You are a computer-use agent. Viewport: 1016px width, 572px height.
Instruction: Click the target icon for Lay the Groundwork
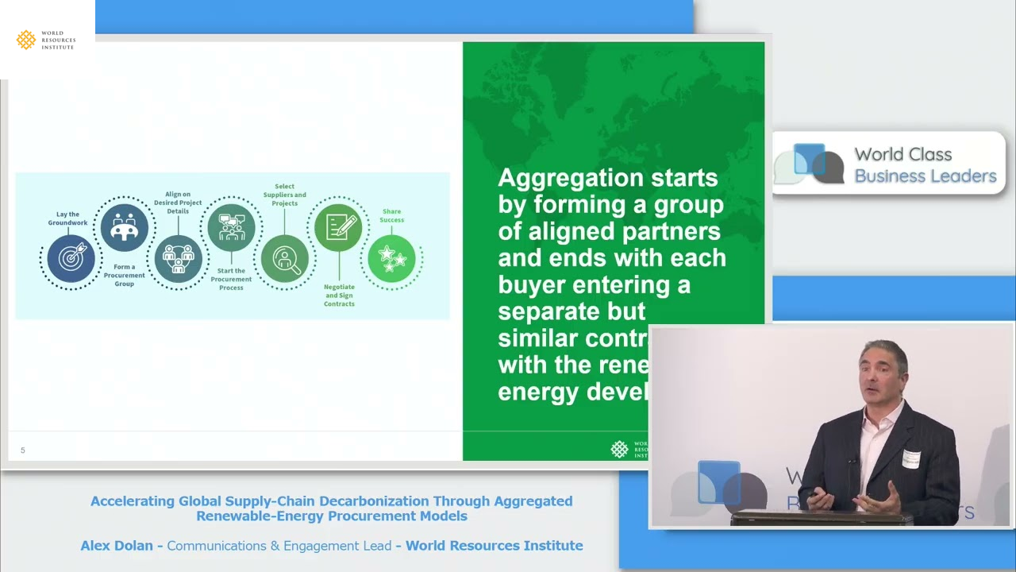[x=71, y=258]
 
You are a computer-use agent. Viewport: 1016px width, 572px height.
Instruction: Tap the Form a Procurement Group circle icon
[x=124, y=227]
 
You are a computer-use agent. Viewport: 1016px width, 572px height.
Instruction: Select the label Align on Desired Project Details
[x=178, y=203]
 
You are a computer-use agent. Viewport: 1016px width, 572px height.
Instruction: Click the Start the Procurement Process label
[x=231, y=279]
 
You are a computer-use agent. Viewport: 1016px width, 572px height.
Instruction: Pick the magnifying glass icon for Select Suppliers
[x=284, y=258]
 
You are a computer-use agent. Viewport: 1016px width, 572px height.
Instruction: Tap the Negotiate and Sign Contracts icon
[x=338, y=227]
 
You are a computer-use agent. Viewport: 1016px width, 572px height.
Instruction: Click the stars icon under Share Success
[x=391, y=258]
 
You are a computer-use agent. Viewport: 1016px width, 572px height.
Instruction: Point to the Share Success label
[x=391, y=215]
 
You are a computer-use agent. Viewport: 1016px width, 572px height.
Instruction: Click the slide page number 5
[x=22, y=450]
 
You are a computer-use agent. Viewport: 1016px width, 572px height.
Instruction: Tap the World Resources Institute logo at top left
[x=46, y=40]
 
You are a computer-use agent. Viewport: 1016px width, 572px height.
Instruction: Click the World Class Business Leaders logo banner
[x=889, y=164]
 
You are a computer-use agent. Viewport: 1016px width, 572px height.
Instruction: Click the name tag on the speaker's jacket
[x=911, y=458]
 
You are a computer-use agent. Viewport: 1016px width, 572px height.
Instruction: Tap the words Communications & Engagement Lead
[x=279, y=546]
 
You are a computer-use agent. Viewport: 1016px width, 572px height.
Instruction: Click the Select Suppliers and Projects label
[x=284, y=195]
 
